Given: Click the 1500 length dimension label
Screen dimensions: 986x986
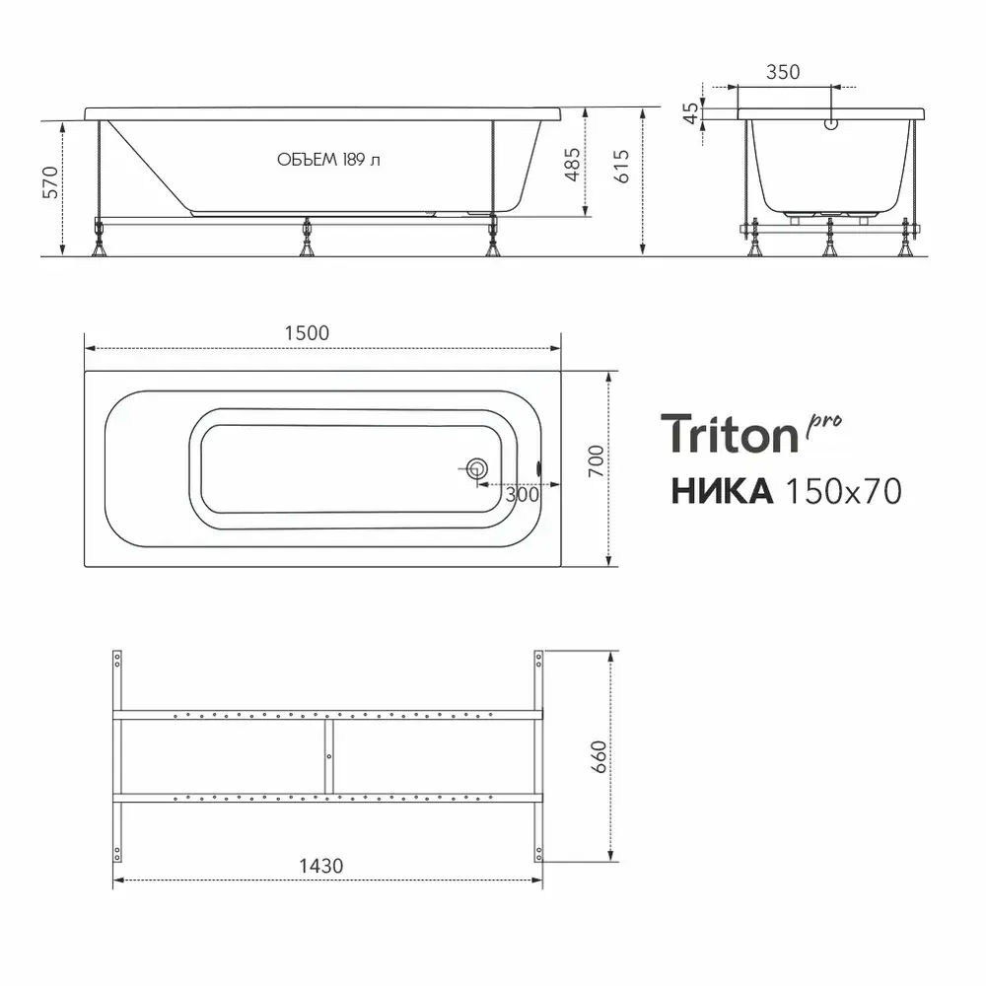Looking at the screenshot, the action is (307, 333).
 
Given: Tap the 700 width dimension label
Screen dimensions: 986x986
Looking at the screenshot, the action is (597, 460).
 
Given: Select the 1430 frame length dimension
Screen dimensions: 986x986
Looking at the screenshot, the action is (320, 867).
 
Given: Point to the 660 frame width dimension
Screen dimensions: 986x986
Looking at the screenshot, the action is (599, 756).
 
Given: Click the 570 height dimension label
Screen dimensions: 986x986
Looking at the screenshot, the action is (50, 182).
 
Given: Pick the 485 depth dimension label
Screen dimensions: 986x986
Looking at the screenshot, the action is (572, 165).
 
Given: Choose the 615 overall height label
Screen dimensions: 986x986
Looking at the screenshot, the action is (620, 166).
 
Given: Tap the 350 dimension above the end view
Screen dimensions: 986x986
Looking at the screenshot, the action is (783, 72).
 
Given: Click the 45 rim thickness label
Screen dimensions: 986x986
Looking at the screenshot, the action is (690, 113).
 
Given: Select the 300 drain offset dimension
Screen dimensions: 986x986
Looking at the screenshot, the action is (522, 495).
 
